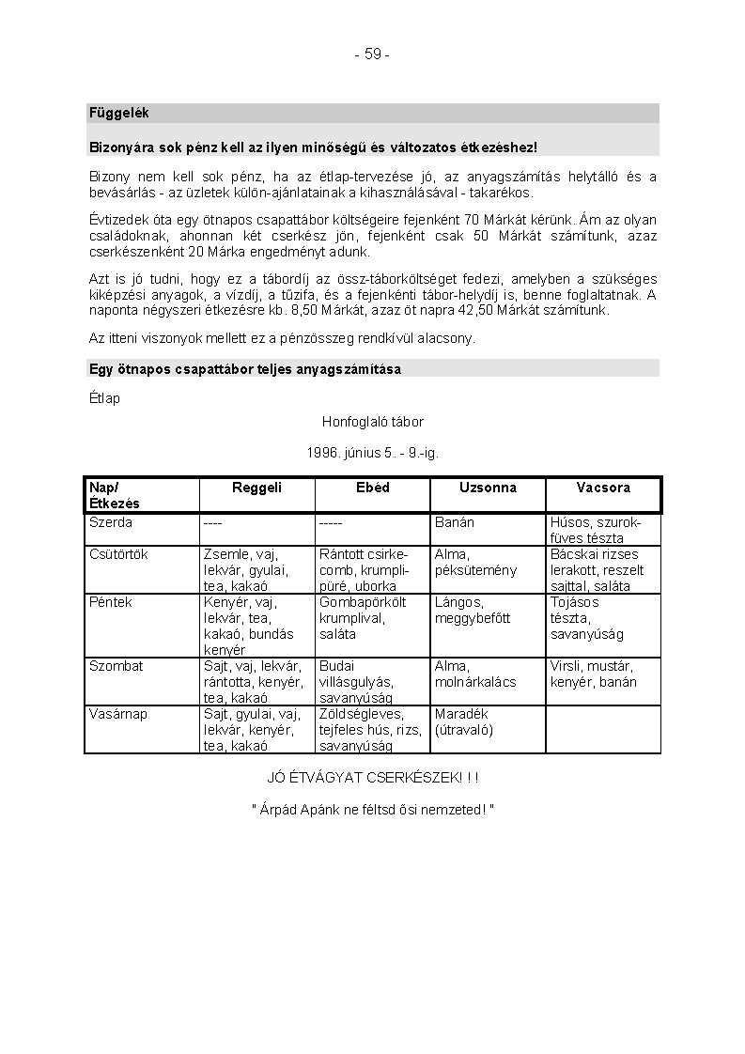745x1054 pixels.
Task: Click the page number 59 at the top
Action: click(x=372, y=54)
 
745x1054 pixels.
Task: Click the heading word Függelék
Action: click(x=119, y=114)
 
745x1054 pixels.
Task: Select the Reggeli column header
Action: click(x=256, y=488)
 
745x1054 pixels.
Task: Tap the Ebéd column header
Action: click(x=372, y=488)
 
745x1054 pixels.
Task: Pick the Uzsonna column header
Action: click(x=488, y=488)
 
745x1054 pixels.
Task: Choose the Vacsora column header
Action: click(x=603, y=488)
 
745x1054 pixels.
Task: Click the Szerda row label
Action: click(x=111, y=522)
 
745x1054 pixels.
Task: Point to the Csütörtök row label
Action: click(x=118, y=554)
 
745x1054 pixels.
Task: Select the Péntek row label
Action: click(x=111, y=602)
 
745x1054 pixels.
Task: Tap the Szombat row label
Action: click(x=116, y=666)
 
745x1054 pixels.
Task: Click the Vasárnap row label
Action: click(x=118, y=714)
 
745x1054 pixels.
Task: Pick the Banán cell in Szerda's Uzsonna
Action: click(x=455, y=522)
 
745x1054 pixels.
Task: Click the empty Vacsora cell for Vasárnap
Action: click(x=603, y=729)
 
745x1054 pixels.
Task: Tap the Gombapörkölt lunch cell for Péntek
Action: click(x=363, y=617)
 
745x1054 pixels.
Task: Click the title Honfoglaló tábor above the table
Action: click(x=372, y=423)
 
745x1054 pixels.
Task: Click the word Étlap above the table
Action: click(x=104, y=398)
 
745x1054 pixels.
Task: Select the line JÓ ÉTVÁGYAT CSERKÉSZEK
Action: click(x=372, y=778)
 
